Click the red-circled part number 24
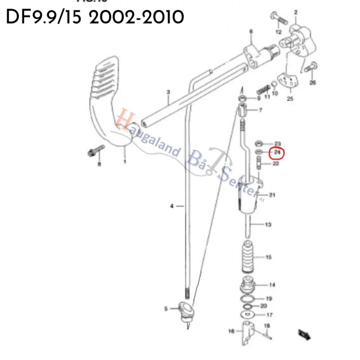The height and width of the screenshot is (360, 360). [x=277, y=153]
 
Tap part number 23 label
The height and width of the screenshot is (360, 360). [x=278, y=143]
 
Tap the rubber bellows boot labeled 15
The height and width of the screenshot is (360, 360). [x=250, y=258]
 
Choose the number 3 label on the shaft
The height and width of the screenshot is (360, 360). [x=168, y=92]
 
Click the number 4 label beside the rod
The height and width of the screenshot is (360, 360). [x=172, y=206]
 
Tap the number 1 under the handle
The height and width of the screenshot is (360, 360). [x=124, y=162]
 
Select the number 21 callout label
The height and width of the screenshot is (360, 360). [x=272, y=195]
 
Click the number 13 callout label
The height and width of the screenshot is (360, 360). [x=268, y=224]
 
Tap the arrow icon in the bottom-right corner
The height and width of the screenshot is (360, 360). [x=304, y=334]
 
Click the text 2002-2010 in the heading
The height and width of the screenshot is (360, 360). [x=136, y=17]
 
